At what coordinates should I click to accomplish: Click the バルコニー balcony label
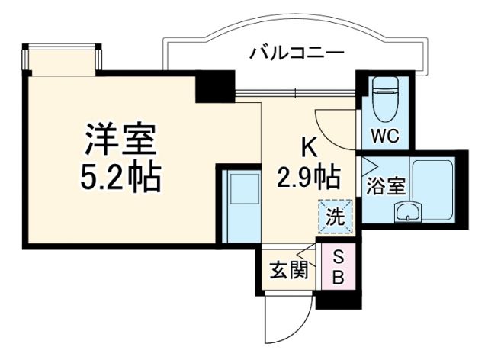click(297, 53)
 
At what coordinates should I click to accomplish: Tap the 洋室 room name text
click(120, 139)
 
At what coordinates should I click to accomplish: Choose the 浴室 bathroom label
click(385, 186)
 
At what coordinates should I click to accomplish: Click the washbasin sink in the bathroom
click(411, 211)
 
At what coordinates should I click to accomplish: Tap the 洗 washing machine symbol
click(335, 215)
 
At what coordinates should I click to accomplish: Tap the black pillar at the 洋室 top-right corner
click(214, 86)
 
